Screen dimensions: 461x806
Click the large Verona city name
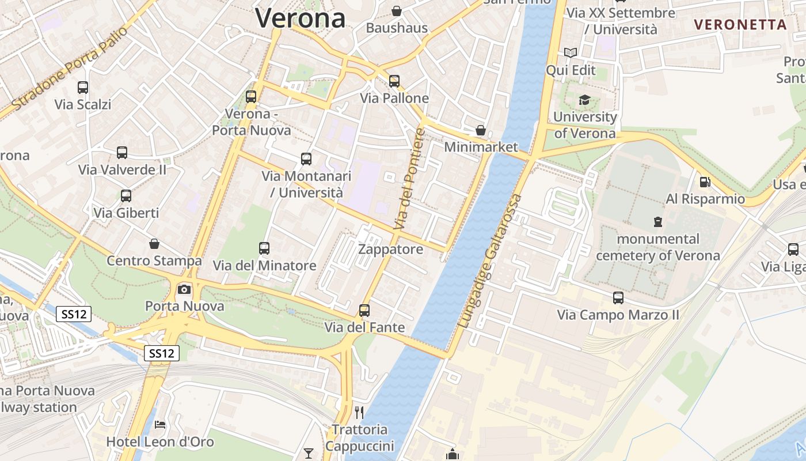[x=300, y=18]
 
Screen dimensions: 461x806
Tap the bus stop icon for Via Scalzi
[x=83, y=88]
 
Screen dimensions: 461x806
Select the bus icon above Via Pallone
[x=394, y=81]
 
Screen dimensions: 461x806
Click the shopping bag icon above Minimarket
[x=481, y=130]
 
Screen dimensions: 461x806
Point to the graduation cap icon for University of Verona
[x=584, y=100]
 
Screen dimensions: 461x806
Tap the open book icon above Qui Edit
[x=571, y=53]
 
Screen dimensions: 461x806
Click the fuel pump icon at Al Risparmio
[x=705, y=182]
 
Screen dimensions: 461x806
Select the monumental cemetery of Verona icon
[x=657, y=222]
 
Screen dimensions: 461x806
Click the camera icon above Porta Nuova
[x=184, y=289]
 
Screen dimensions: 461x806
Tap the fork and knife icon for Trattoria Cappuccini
[x=359, y=412]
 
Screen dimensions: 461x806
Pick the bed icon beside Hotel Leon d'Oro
[x=160, y=425]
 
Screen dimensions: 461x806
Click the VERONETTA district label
[x=740, y=25]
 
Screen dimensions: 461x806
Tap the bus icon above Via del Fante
[x=364, y=311]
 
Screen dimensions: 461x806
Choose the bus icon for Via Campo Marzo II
[x=618, y=298]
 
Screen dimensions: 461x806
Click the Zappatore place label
[x=390, y=250]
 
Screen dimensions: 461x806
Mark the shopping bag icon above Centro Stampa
[x=154, y=244]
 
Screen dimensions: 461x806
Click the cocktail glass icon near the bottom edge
[x=309, y=454]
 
